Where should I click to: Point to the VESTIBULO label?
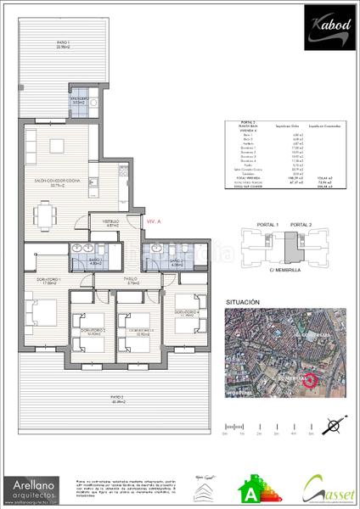(x=111, y=225)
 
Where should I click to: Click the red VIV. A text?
(x=154, y=221)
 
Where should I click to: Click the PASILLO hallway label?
(x=130, y=281)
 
